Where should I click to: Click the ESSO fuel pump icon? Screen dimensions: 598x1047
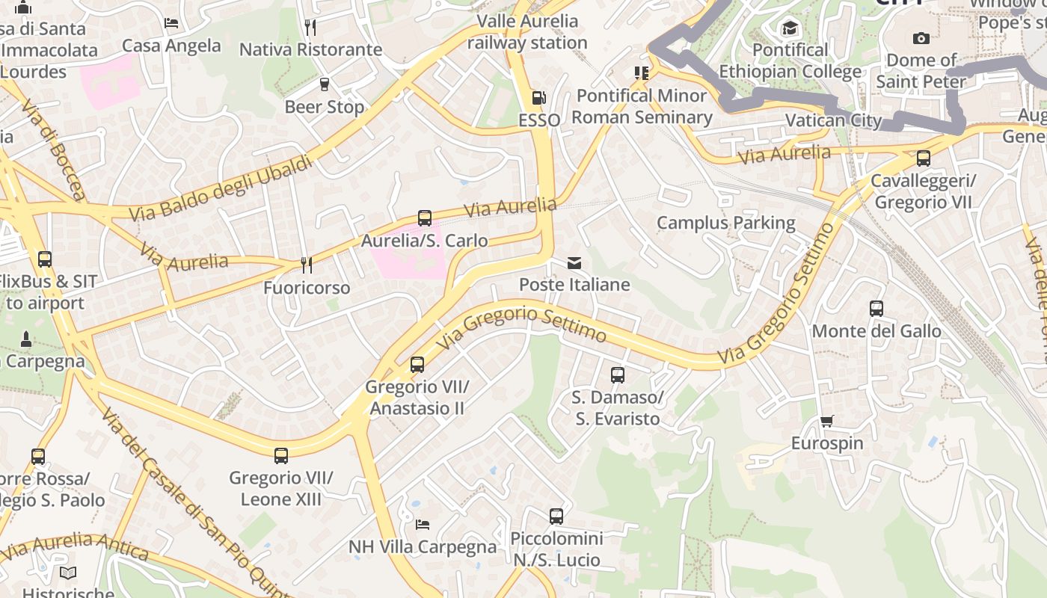pyautogui.click(x=538, y=98)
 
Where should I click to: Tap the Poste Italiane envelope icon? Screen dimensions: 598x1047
pyautogui.click(x=574, y=263)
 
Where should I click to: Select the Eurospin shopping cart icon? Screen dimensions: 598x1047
pyautogui.click(x=826, y=422)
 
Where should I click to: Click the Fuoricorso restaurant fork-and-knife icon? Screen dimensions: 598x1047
pyautogui.click(x=306, y=265)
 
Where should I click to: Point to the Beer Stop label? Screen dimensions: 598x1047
pyautogui.click(x=325, y=107)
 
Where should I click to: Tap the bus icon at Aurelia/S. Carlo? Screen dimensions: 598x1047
pyautogui.click(x=425, y=218)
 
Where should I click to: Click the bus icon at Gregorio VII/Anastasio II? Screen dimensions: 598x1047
pyautogui.click(x=417, y=365)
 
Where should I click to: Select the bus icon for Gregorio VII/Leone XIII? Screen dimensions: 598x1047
pyautogui.click(x=281, y=456)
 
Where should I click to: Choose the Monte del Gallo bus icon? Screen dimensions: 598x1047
pyautogui.click(x=876, y=309)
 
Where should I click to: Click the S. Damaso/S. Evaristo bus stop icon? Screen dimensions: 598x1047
pyautogui.click(x=618, y=375)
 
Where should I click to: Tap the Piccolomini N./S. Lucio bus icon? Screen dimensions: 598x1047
pyautogui.click(x=556, y=517)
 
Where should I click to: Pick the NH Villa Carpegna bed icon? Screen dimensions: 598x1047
pyautogui.click(x=423, y=525)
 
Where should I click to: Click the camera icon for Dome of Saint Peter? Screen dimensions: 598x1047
pyautogui.click(x=921, y=38)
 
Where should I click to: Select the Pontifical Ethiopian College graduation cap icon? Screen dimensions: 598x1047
pyautogui.click(x=790, y=29)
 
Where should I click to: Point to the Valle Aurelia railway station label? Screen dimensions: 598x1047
pyautogui.click(x=527, y=32)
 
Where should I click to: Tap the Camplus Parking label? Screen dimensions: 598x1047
pyautogui.click(x=725, y=223)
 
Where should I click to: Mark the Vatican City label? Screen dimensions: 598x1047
pyautogui.click(x=833, y=121)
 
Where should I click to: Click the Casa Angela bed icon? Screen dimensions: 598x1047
pyautogui.click(x=171, y=23)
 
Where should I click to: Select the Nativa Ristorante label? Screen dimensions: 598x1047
pyautogui.click(x=310, y=50)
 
